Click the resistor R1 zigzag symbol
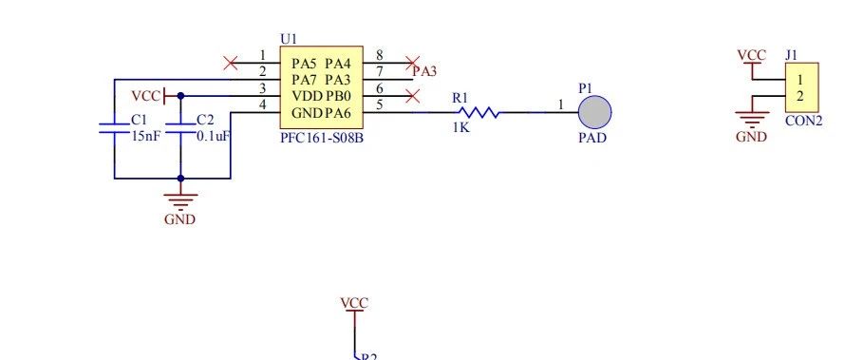[479, 112]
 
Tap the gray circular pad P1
[594, 112]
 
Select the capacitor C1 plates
[114, 127]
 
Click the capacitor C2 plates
[180, 127]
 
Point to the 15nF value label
[145, 136]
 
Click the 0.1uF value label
[214, 136]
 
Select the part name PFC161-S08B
[322, 138]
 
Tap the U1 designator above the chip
[289, 39]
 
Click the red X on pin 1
[231, 63]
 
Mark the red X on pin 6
[412, 97]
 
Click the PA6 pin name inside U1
[338, 113]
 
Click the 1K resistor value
[460, 127]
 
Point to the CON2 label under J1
[803, 121]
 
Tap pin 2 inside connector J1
[800, 97]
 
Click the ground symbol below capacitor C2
[180, 202]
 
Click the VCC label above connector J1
[751, 55]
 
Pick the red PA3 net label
[424, 71]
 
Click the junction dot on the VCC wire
[180, 96]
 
